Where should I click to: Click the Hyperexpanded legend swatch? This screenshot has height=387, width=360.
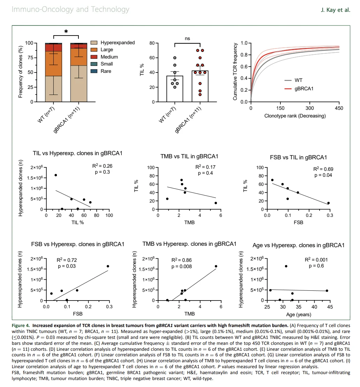click(94, 43)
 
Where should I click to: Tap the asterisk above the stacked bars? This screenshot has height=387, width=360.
click(66, 32)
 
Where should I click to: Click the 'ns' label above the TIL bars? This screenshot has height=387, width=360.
click(187, 38)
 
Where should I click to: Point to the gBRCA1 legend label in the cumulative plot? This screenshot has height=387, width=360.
click(304, 89)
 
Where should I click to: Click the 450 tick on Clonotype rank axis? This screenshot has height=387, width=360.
click(339, 108)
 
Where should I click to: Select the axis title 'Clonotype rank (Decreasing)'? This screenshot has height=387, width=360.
click(295, 116)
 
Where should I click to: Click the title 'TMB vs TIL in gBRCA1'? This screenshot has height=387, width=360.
click(189, 157)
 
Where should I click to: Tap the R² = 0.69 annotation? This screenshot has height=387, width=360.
click(323, 169)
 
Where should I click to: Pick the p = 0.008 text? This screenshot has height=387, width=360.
click(181, 267)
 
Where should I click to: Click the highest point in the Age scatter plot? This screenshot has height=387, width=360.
click(286, 266)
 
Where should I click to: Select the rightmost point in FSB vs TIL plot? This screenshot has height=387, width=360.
click(328, 203)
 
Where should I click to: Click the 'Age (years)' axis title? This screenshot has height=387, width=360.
click(299, 315)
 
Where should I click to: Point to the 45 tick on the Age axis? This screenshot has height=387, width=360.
click(330, 307)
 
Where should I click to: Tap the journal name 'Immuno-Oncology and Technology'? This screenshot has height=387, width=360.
click(70, 9)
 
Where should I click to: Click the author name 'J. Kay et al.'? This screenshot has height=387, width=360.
click(336, 10)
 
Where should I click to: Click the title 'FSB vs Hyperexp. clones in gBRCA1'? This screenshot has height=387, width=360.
click(77, 244)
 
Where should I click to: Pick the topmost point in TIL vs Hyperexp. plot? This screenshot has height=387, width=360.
click(56, 175)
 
